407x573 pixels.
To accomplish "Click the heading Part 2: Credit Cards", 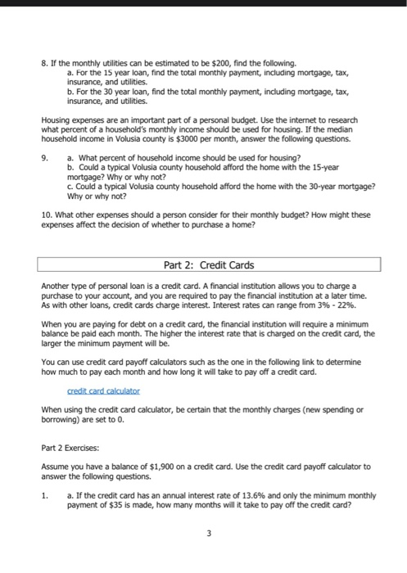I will click(x=210, y=265).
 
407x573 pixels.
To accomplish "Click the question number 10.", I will click(x=46, y=215).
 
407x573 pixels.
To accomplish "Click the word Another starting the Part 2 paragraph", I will click(x=55, y=285).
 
